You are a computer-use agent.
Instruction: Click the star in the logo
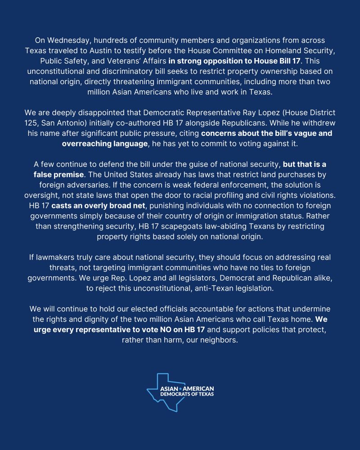pyautogui.click(x=180, y=388)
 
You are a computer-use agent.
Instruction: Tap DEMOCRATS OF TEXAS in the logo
pyautogui.click(x=187, y=394)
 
